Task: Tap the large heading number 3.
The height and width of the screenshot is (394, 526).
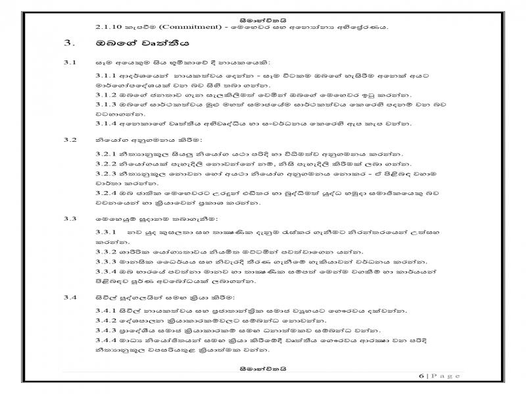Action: (68, 45)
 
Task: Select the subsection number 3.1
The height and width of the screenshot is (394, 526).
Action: (69, 62)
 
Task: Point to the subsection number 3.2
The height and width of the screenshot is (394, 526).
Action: (69, 140)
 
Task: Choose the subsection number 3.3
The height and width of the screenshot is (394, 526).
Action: (69, 217)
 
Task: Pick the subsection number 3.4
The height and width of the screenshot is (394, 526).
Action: (69, 296)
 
